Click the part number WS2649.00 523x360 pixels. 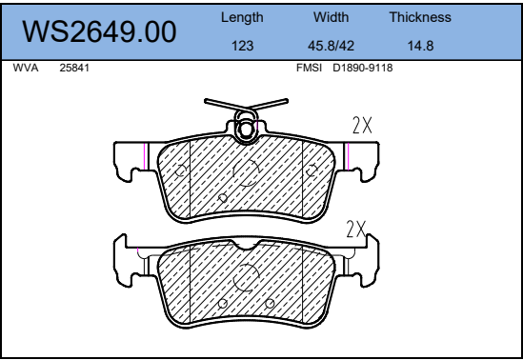point(99,31)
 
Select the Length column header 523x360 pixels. point(242,17)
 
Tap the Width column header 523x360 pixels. point(331,17)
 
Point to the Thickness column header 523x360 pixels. point(420,17)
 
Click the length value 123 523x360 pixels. point(243,46)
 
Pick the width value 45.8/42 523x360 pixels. point(331,46)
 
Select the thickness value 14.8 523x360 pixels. point(421,46)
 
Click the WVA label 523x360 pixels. point(26,68)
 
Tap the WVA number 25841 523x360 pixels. point(74,68)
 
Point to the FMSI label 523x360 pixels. point(309,68)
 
